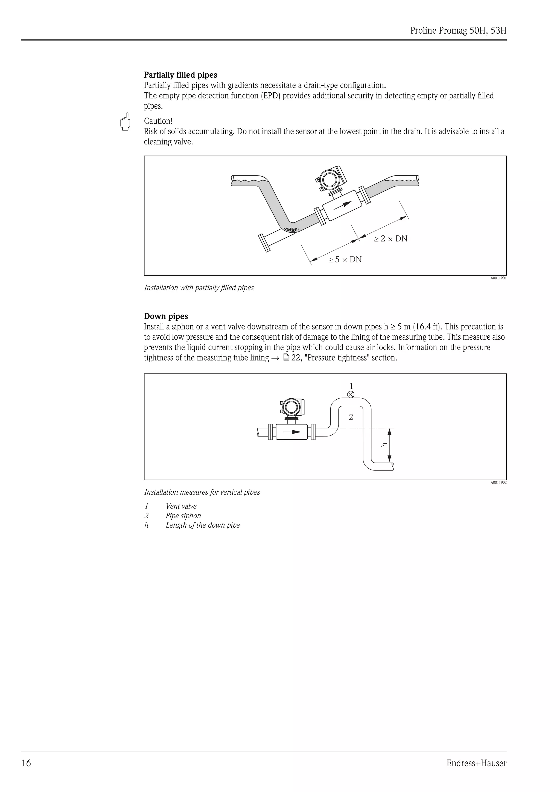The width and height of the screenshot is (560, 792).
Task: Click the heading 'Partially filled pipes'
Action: pyautogui.click(x=180, y=75)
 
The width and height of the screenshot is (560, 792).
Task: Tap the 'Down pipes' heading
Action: pyautogui.click(x=166, y=316)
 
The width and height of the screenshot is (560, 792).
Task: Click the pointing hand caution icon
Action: pyautogui.click(x=125, y=122)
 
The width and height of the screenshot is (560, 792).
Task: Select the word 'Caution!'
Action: pyautogui.click(x=158, y=121)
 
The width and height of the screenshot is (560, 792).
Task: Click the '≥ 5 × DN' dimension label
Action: pyautogui.click(x=345, y=259)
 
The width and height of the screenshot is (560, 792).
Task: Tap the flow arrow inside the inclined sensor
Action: pyautogui.click(x=342, y=204)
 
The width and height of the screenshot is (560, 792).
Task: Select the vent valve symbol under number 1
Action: pyautogui.click(x=351, y=394)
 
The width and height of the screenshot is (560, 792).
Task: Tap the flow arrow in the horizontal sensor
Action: pyautogui.click(x=292, y=431)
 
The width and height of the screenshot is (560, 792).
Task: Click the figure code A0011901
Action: pyautogui.click(x=498, y=278)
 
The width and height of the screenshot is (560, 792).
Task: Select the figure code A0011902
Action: pyautogui.click(x=498, y=482)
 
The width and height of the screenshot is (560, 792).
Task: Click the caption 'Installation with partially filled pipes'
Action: pyautogui.click(x=199, y=288)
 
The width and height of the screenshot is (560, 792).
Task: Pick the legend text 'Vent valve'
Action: pyautogui.click(x=181, y=506)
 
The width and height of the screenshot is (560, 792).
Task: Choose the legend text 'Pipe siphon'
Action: pyautogui.click(x=183, y=516)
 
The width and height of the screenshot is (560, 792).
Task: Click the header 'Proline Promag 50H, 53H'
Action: pyautogui.click(x=459, y=31)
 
